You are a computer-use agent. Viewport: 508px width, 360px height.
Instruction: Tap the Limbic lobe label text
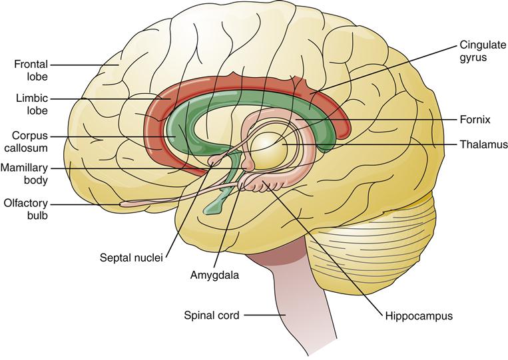[x=31, y=104]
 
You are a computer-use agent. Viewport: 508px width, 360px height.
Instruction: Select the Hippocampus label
[x=419, y=315]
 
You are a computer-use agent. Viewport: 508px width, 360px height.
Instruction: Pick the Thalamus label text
[x=485, y=144]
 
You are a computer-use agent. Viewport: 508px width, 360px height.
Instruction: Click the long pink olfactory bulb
[x=140, y=202]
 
